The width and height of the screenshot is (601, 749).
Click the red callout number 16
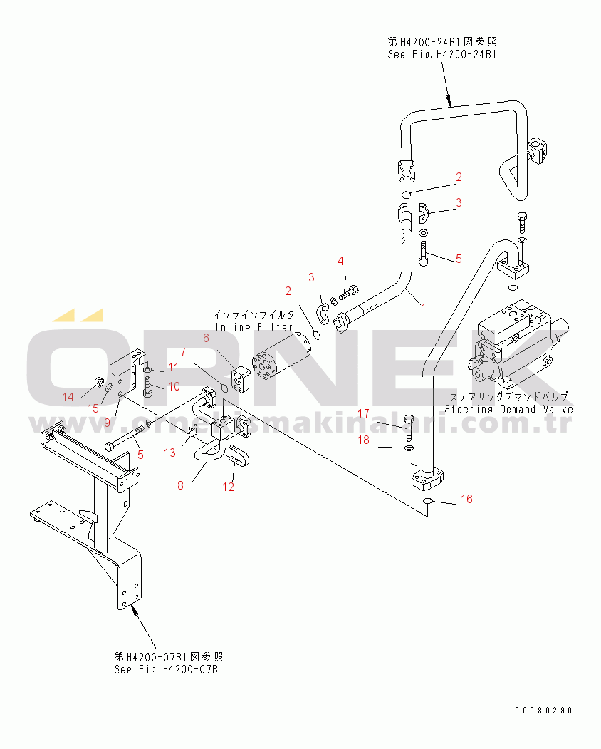[x=466, y=499]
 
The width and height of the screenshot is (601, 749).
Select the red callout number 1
[x=424, y=308]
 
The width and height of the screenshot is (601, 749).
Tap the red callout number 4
[x=340, y=261]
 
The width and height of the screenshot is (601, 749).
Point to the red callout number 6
[x=206, y=339]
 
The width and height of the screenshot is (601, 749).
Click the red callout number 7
[x=183, y=352]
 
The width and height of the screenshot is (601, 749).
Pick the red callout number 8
[x=180, y=486]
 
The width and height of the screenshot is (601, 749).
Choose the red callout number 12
[x=228, y=487]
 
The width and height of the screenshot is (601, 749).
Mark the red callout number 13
[x=170, y=453]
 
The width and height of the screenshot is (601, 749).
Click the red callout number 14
[x=68, y=397]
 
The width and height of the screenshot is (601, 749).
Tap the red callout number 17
[x=364, y=413]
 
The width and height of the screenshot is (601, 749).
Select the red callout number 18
[x=364, y=440]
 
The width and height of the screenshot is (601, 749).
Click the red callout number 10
[x=174, y=386]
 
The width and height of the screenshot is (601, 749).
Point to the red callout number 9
[x=107, y=423]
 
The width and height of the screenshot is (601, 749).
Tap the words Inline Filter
[x=254, y=327]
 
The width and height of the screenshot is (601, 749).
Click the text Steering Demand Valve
[x=509, y=409]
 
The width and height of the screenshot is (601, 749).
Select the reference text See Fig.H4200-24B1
[x=442, y=54]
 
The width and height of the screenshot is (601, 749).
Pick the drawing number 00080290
[x=543, y=711]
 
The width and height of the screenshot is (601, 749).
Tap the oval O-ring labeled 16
[x=428, y=500]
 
